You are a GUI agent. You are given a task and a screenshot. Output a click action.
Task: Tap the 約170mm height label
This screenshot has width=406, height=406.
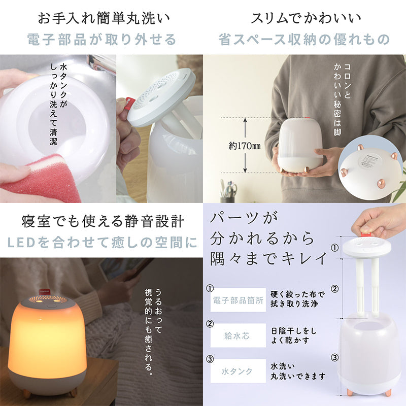pos(245,146)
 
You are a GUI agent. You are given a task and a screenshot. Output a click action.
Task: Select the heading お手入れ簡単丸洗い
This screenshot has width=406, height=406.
pos(104,18)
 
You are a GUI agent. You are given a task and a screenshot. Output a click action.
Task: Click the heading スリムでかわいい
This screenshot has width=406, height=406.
pos(306,18)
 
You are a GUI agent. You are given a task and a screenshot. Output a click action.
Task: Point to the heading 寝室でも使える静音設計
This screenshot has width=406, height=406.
pos(103,221)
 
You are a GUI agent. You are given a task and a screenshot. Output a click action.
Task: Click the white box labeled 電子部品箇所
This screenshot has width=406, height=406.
pos(238,300)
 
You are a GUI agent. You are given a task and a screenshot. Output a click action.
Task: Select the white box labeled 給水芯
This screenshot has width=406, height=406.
pos(238,335)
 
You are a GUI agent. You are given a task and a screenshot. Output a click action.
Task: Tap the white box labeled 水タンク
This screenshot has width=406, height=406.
pos(238,371)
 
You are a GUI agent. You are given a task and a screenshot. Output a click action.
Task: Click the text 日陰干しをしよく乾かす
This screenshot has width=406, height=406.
pos(294,335)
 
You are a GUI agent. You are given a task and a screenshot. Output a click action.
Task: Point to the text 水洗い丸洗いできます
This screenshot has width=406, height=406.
pos(298,371)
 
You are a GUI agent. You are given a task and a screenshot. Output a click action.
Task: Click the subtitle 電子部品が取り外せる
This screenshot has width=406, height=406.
pos(102,40)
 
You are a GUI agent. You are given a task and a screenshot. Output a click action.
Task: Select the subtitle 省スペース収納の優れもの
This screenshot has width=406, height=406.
pos(304,40)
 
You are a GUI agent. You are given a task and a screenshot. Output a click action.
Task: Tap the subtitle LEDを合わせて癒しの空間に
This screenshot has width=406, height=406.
pos(103,243)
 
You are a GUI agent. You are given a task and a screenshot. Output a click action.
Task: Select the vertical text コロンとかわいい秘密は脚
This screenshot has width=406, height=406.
pos(342,99)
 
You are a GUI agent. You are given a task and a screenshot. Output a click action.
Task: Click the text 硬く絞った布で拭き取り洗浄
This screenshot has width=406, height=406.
pos(297,299)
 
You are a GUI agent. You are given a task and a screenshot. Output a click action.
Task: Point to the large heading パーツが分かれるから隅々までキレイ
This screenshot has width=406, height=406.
pos(268,238)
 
